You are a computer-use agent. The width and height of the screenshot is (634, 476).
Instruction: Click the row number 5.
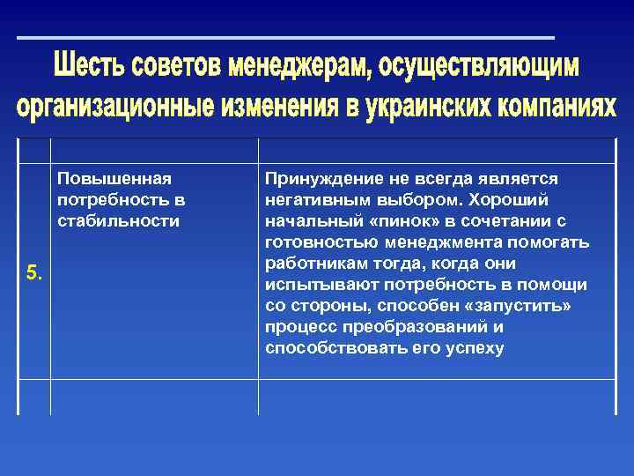[33, 272]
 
